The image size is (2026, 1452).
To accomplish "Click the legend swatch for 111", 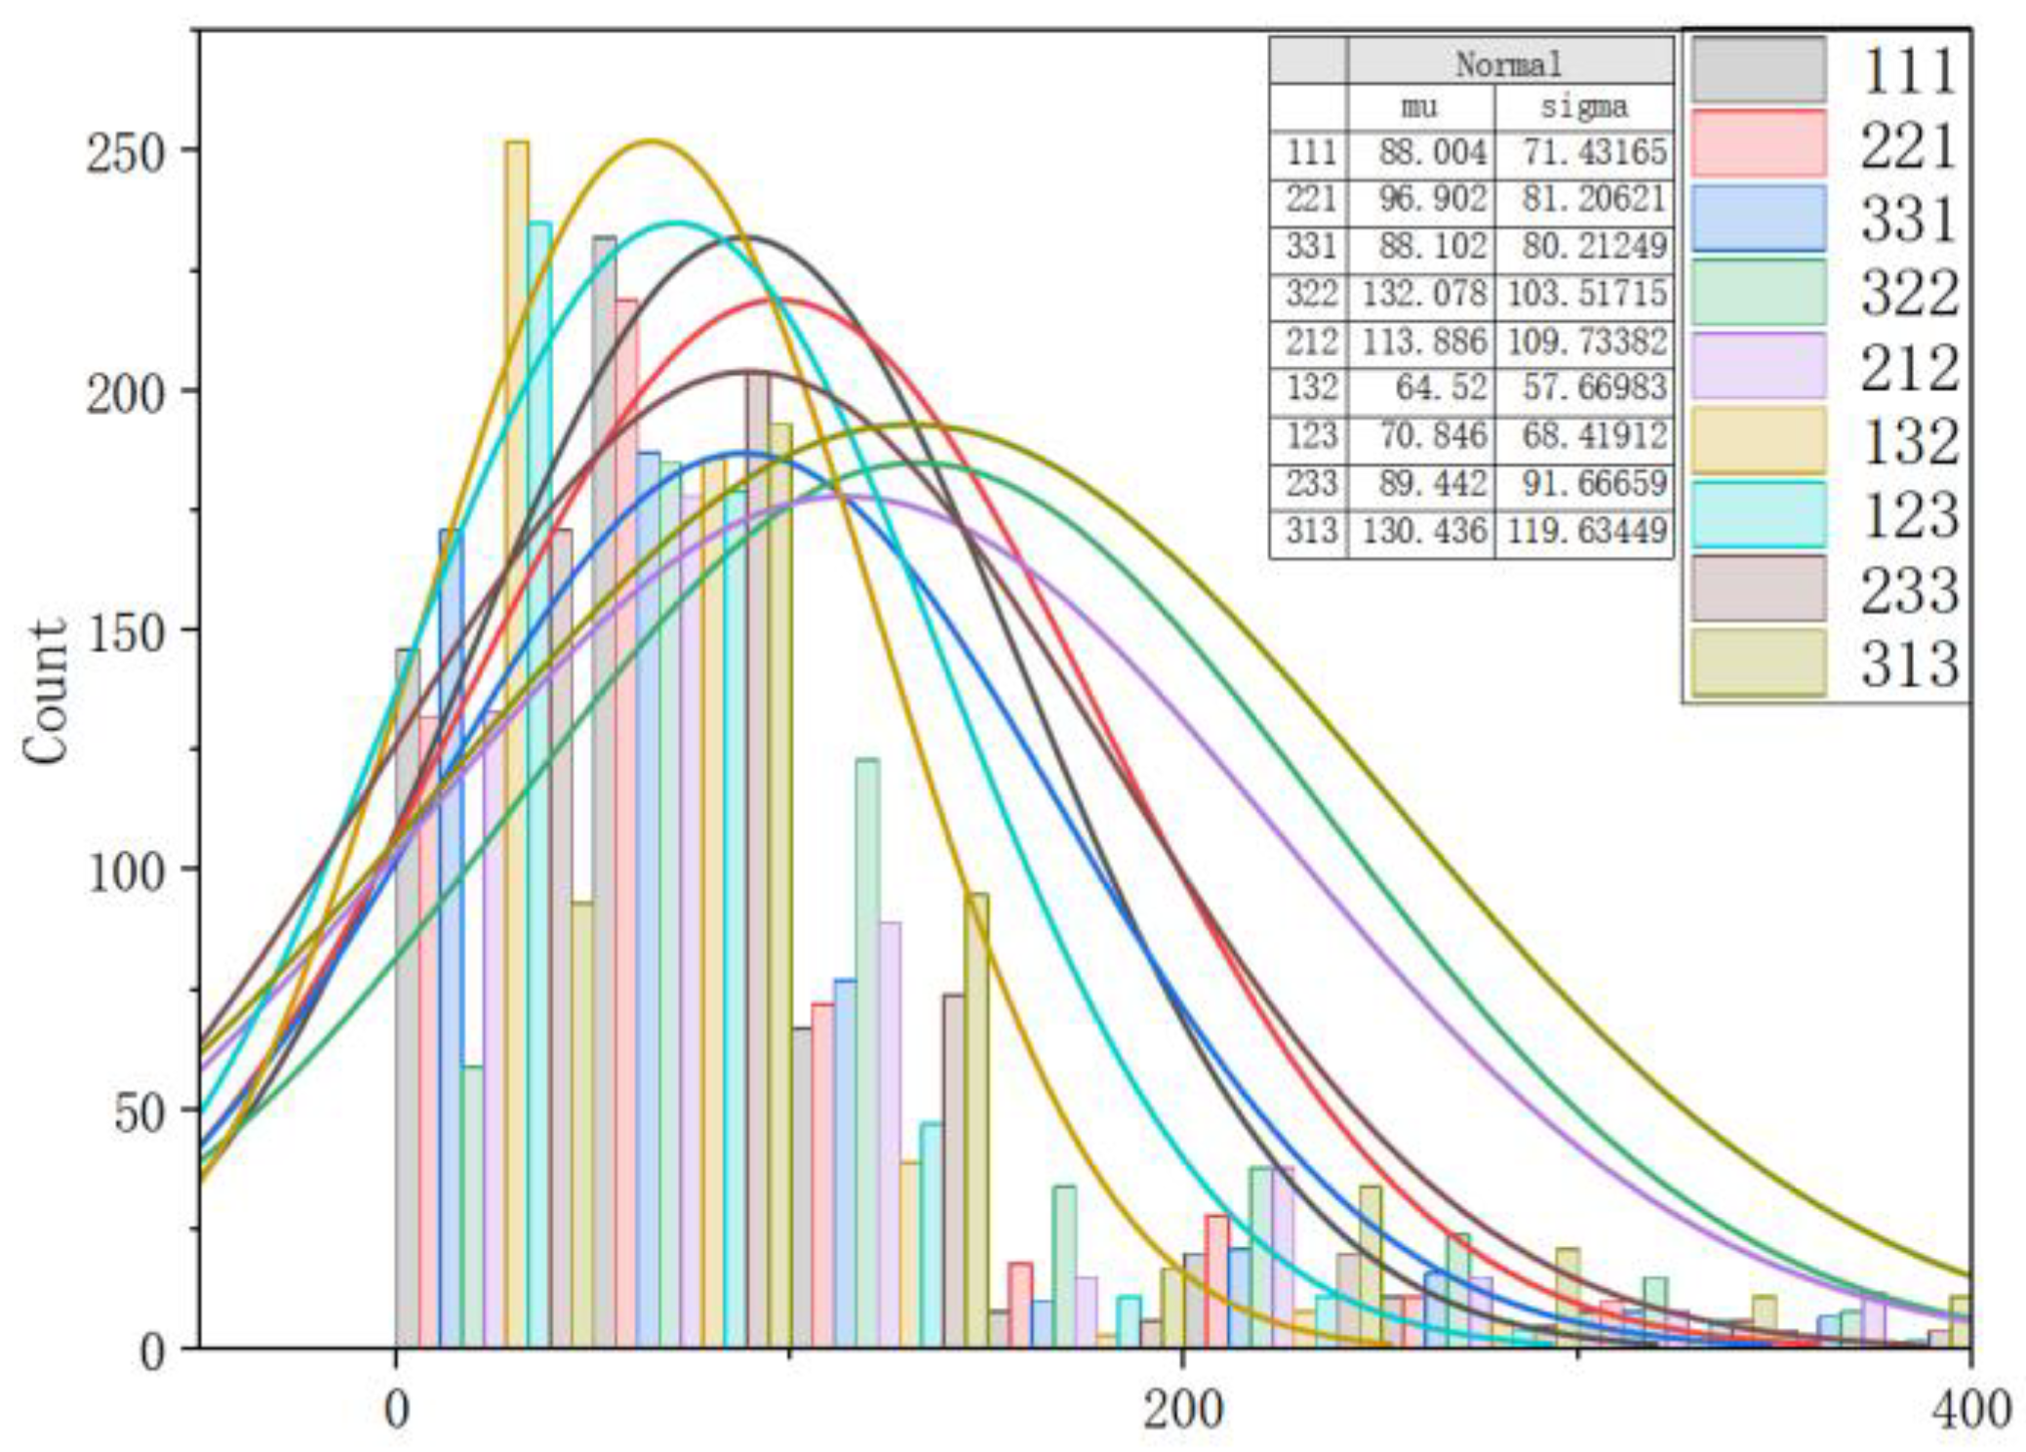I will pyautogui.click(x=1758, y=69).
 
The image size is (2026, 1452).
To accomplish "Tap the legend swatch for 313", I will pyautogui.click(x=1758, y=663).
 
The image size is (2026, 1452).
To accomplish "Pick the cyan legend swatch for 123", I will pyautogui.click(x=1758, y=514).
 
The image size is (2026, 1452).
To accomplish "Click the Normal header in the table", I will pyautogui.click(x=1509, y=64).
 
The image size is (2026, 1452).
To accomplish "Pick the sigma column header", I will pyautogui.click(x=1583, y=106).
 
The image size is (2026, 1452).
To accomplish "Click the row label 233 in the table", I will pyautogui.click(x=1310, y=483).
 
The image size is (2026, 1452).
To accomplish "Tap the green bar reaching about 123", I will pyautogui.click(x=866, y=1054).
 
